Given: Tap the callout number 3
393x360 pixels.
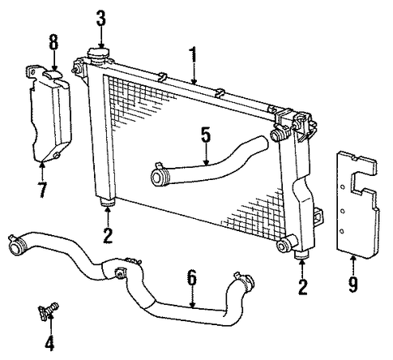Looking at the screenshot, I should (100, 17).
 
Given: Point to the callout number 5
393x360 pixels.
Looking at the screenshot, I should (206, 135).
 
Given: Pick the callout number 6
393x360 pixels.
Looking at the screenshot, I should (191, 278).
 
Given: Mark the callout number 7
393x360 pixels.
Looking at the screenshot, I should (41, 191).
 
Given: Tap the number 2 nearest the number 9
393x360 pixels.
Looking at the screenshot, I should (303, 287).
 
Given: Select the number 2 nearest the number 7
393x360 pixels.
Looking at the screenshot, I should (107, 235).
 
